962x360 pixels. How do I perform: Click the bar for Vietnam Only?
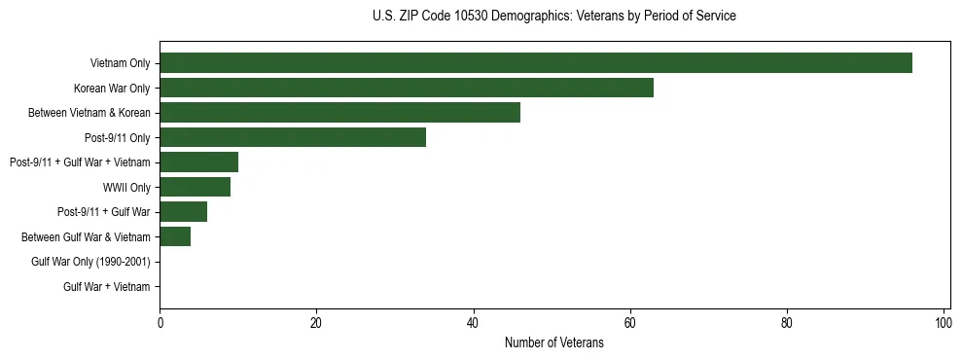[535, 63]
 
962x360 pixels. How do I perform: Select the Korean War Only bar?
[406, 88]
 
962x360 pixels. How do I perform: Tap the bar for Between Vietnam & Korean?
[339, 112]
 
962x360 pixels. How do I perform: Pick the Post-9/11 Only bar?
[292, 137]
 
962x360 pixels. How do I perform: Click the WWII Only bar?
[195, 187]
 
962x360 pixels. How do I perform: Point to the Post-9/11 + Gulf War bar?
[183, 211]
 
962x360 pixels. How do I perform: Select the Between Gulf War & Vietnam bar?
[175, 236]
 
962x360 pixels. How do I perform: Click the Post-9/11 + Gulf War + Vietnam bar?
[198, 162]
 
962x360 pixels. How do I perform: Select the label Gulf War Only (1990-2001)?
[90, 262]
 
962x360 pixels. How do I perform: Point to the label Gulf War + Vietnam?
[106, 286]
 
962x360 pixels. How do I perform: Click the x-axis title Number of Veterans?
[554, 342]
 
